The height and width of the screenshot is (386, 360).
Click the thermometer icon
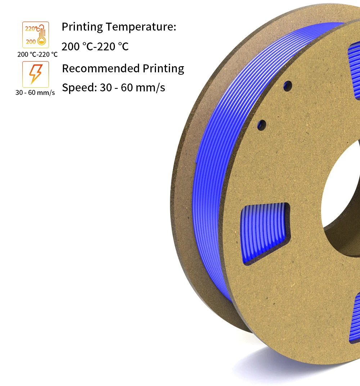tap(36, 35)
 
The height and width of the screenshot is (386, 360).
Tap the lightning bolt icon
tap(36, 74)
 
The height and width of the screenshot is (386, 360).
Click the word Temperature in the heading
tap(141, 27)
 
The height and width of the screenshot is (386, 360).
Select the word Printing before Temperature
tap(82, 27)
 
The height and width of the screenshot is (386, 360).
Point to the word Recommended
tap(101, 68)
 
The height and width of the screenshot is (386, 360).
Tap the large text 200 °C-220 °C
tap(95, 46)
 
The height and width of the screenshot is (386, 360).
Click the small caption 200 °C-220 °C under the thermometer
tap(37, 54)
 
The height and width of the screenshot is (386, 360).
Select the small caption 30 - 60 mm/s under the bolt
tap(35, 92)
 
